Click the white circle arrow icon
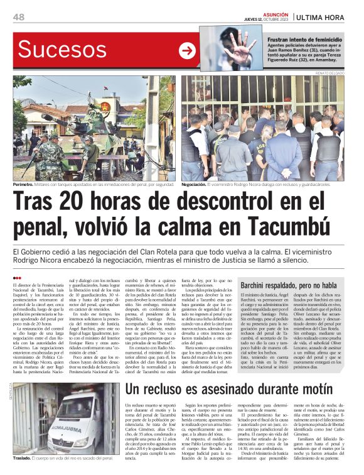(187, 51)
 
